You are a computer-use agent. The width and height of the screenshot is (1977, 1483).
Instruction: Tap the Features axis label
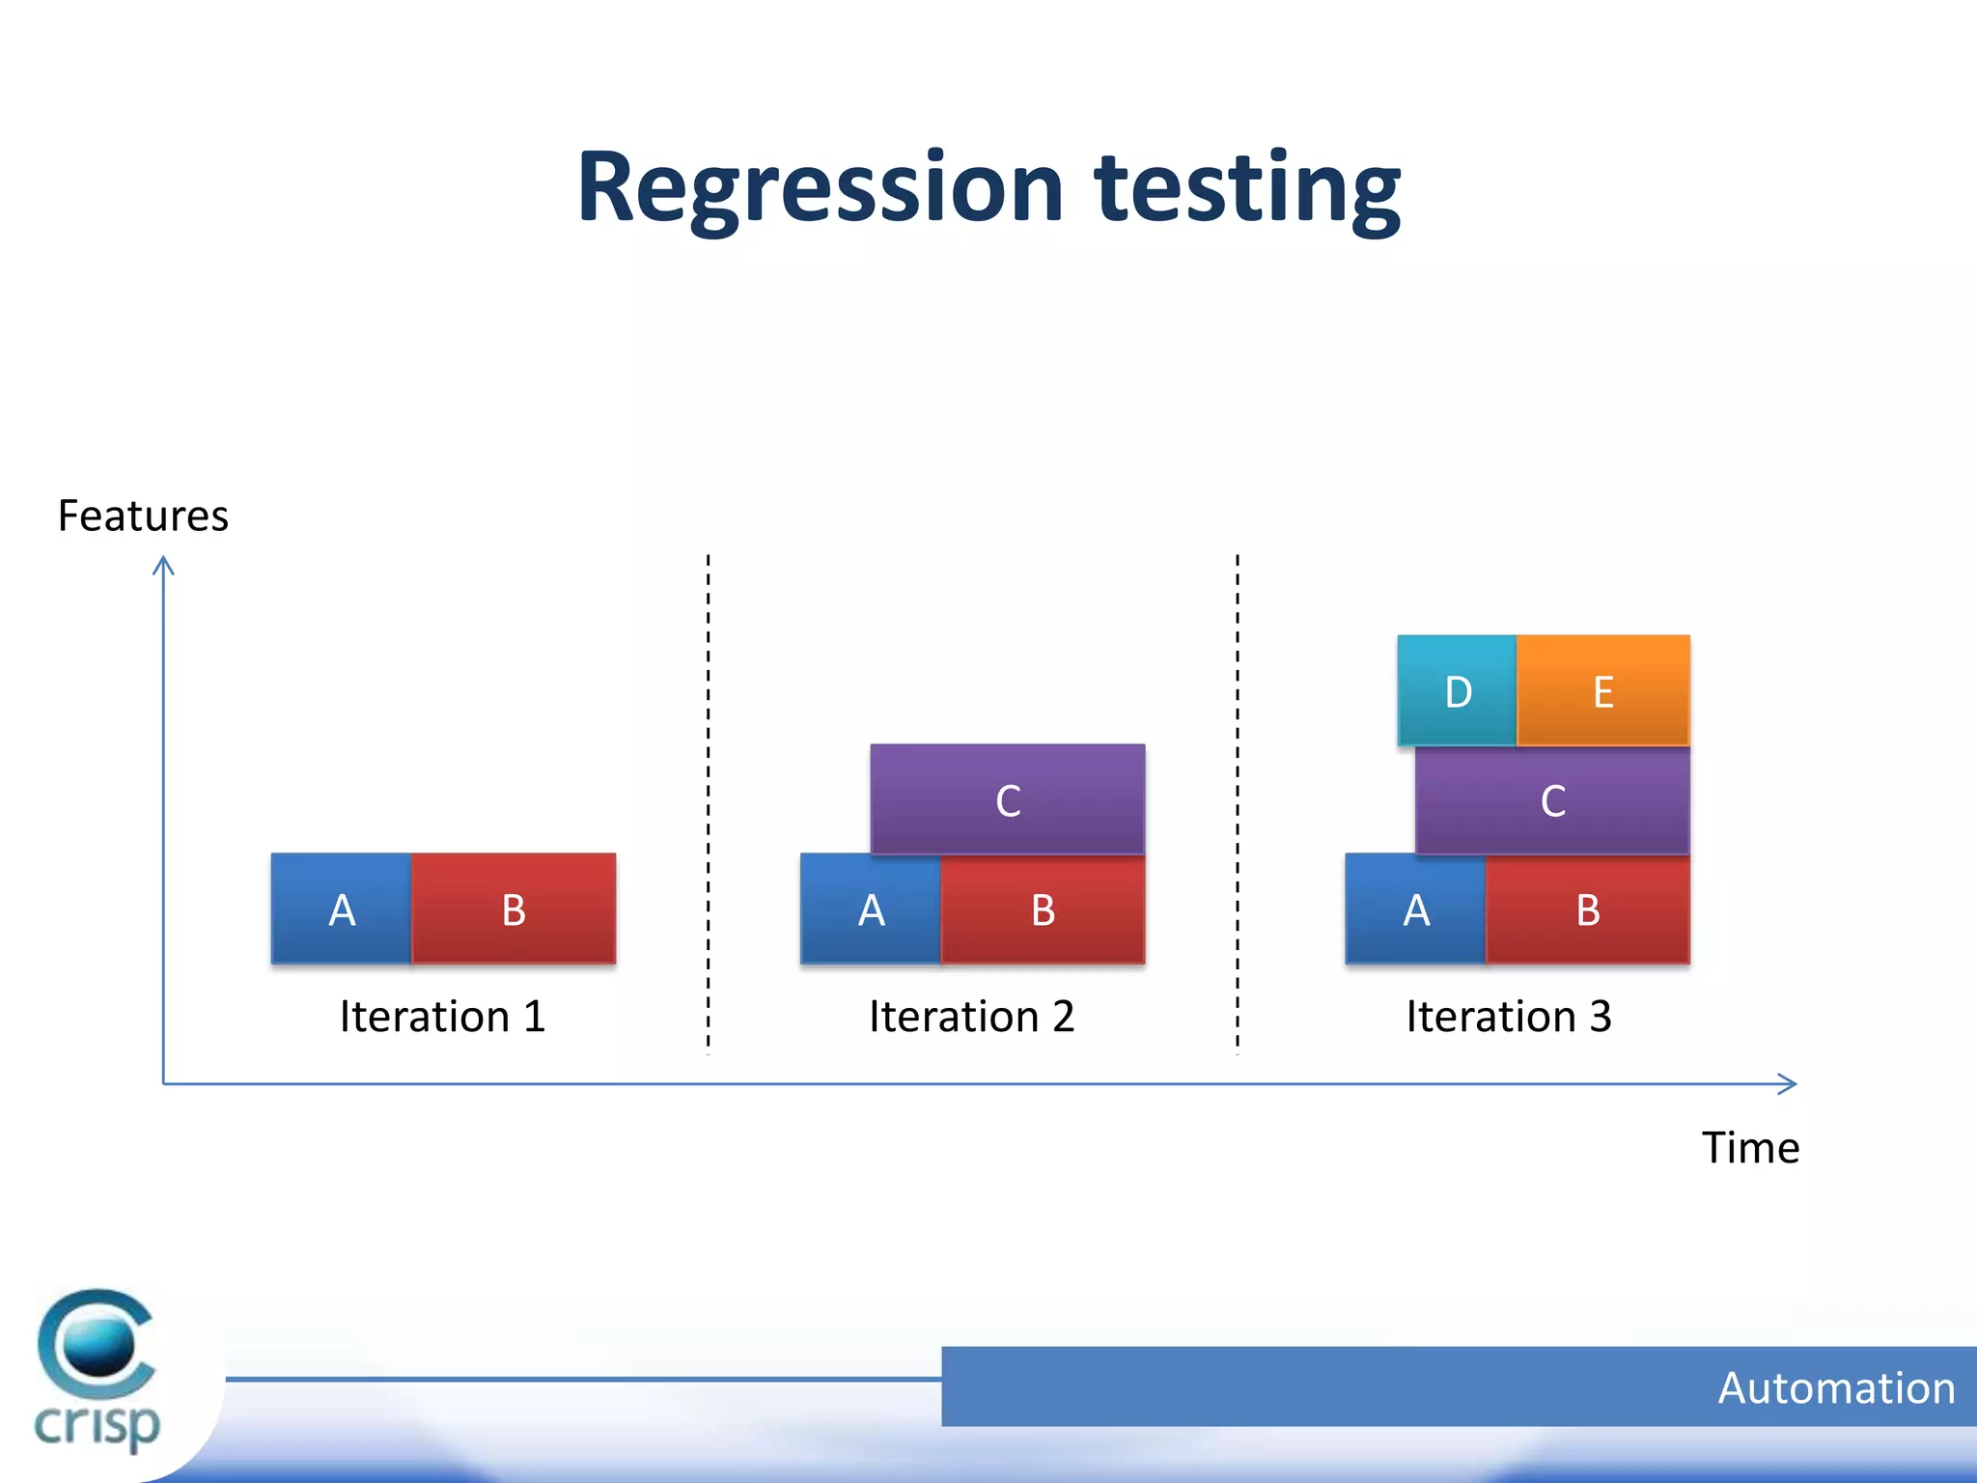point(143,516)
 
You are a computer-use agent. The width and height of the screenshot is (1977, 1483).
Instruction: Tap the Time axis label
point(1749,1148)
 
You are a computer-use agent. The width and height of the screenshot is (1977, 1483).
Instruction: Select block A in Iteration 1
point(341,909)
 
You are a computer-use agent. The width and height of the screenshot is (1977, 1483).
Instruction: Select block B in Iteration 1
point(514,909)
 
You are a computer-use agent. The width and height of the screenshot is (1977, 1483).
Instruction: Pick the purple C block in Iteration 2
point(1008,799)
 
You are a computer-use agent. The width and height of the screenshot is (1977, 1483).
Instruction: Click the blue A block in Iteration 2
point(870,909)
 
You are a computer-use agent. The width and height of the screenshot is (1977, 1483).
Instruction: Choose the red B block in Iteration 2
point(1043,909)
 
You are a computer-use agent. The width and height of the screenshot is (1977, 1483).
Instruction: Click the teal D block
point(1457,690)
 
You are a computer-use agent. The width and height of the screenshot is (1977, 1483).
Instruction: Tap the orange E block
point(1602,690)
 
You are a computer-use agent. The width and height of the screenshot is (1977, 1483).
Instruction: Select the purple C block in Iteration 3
point(1552,799)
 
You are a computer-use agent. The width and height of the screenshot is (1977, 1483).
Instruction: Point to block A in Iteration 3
point(1415,909)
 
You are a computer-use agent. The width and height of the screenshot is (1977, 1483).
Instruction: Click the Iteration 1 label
point(442,1017)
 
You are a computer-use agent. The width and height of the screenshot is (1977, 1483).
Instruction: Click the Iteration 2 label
point(971,1017)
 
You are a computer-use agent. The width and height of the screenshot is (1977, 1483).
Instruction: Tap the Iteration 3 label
point(1508,1017)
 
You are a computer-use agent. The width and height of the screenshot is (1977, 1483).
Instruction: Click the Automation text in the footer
point(1836,1388)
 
